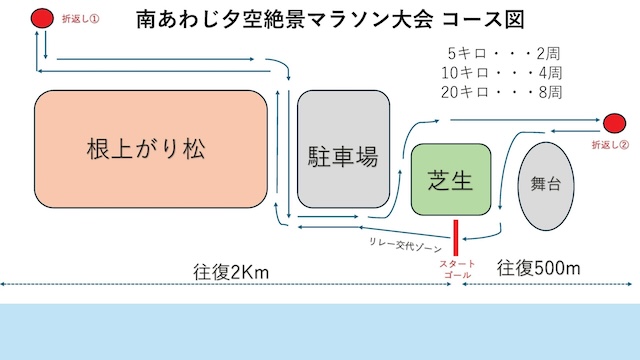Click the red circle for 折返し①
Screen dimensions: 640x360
pyautogui.click(x=42, y=18)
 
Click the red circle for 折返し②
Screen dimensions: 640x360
pyautogui.click(x=614, y=123)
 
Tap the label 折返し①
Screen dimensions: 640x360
pyautogui.click(x=80, y=19)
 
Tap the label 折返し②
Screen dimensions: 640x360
pyautogui.click(x=610, y=145)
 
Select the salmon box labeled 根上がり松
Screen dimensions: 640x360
pyautogui.click(x=151, y=149)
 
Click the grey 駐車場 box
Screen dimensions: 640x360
pyautogui.click(x=343, y=149)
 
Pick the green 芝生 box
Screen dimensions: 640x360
pyautogui.click(x=451, y=179)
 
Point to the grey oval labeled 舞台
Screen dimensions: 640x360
pyautogui.click(x=546, y=186)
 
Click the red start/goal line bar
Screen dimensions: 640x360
pyautogui.click(x=456, y=238)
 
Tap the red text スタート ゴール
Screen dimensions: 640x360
pyautogui.click(x=458, y=269)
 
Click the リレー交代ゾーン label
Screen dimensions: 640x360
pyautogui.click(x=405, y=245)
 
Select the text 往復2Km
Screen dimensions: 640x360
pyautogui.click(x=231, y=272)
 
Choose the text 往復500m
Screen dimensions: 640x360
pyautogui.click(x=538, y=268)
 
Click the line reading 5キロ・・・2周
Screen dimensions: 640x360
pyautogui.click(x=504, y=53)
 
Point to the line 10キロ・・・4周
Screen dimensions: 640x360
pyautogui.click(x=502, y=73)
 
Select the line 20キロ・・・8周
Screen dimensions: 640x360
pyautogui.click(x=502, y=92)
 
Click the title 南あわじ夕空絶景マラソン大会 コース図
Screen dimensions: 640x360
pyautogui.click(x=330, y=20)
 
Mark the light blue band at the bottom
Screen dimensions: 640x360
pyautogui.click(x=320, y=331)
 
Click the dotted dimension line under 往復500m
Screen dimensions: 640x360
pyautogui.click(x=547, y=284)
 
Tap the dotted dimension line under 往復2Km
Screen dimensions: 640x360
pyautogui.click(x=226, y=284)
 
